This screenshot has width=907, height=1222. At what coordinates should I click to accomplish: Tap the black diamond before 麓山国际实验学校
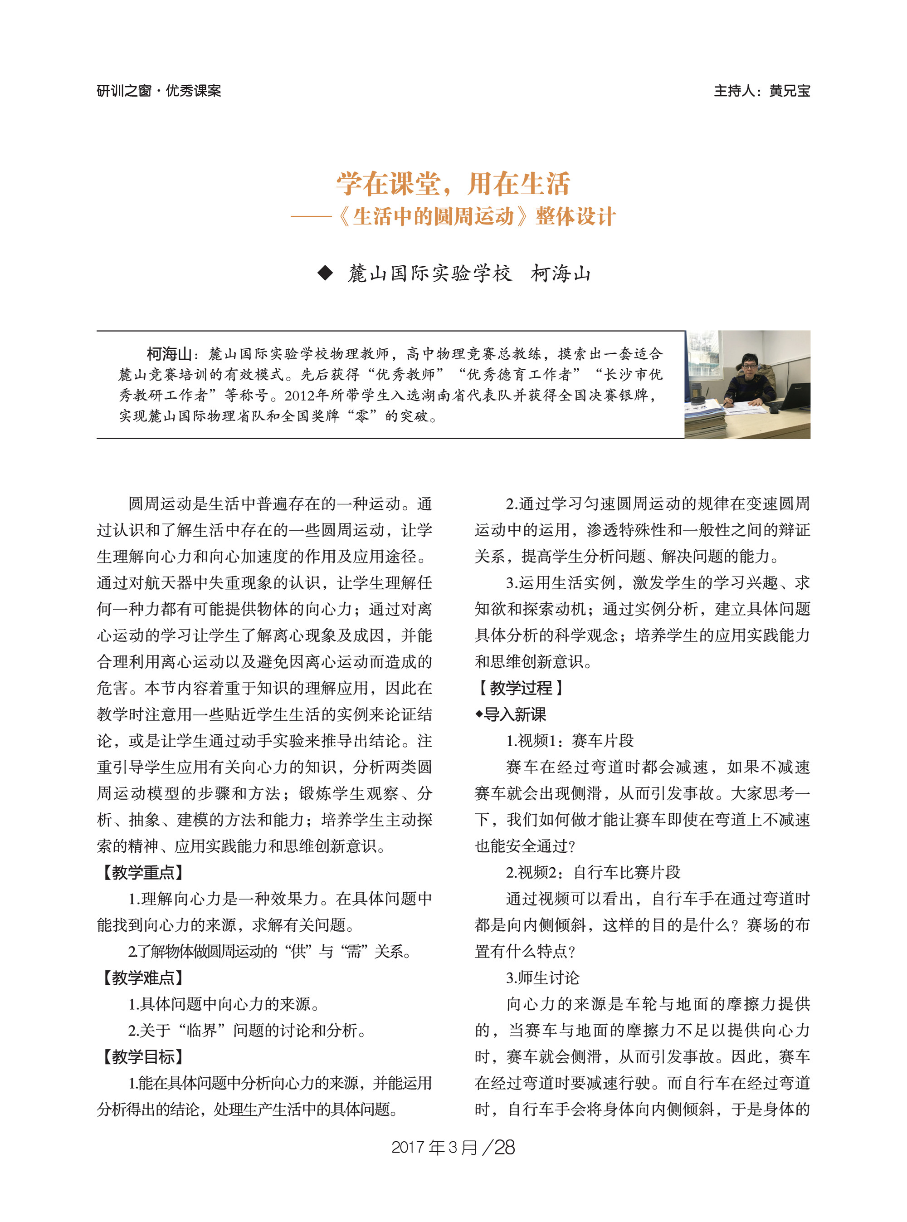click(x=326, y=273)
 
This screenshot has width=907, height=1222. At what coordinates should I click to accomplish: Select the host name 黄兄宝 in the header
click(x=789, y=91)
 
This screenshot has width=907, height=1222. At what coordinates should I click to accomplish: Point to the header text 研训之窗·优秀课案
click(x=159, y=91)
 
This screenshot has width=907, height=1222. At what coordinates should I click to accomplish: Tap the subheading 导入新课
click(x=514, y=714)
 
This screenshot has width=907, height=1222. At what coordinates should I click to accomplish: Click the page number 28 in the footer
click(x=504, y=1147)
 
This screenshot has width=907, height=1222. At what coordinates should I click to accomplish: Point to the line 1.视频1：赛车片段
click(x=569, y=740)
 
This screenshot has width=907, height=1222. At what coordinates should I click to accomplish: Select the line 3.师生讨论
click(x=542, y=978)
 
